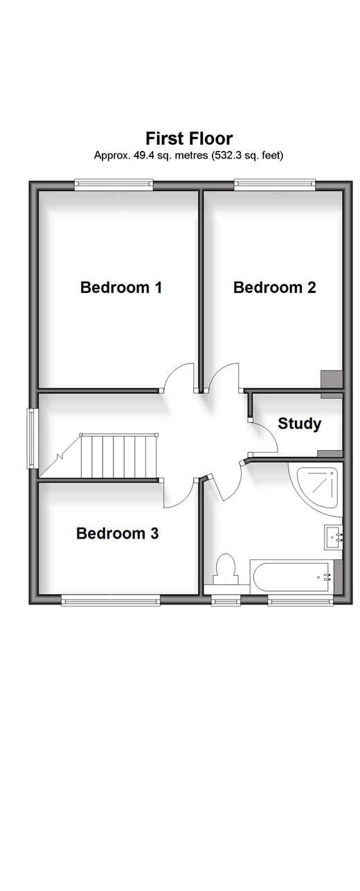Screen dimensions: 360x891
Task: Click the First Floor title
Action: coord(189,138)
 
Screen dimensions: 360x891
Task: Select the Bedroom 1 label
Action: coord(121,287)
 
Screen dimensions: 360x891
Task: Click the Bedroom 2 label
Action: coord(274,287)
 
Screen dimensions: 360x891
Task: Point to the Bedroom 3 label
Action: coord(118,533)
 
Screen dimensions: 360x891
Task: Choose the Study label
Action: coord(299,423)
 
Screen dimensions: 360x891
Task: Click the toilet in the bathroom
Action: coord(226,570)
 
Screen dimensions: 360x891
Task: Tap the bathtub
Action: coord(289,577)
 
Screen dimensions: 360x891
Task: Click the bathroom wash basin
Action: coord(334,537)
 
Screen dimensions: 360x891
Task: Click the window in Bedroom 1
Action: coord(114,183)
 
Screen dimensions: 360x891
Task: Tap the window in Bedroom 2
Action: coord(273,183)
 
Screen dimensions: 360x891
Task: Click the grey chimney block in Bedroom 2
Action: coord(332,379)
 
